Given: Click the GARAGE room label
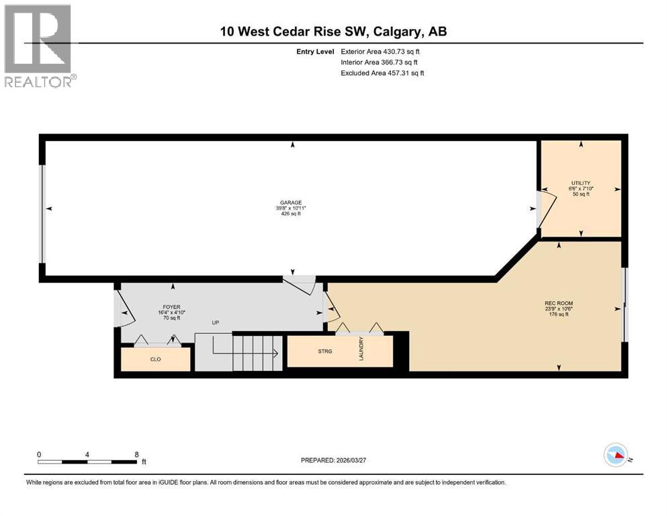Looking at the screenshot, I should pyautogui.click(x=292, y=202).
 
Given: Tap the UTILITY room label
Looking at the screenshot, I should pyautogui.click(x=581, y=183).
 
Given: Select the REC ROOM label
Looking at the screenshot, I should pyautogui.click(x=559, y=303).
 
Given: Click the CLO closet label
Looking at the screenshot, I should pyautogui.click(x=156, y=359).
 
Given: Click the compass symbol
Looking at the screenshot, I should pyautogui.click(x=616, y=456).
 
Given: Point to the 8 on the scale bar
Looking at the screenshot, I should pyautogui.click(x=136, y=454).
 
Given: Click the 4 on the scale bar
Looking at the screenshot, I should pyautogui.click(x=87, y=454).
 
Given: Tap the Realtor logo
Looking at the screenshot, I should pyautogui.click(x=38, y=46).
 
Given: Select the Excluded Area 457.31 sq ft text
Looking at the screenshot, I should pyautogui.click(x=382, y=73).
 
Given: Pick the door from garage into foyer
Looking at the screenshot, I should pyautogui.click(x=300, y=285).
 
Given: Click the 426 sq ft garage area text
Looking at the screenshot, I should pyautogui.click(x=292, y=214).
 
